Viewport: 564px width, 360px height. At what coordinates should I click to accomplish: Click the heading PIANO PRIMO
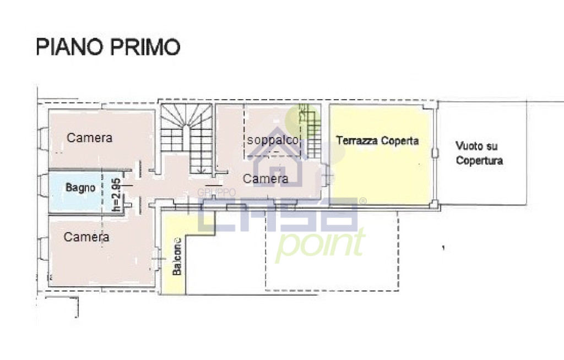pyautogui.click(x=108, y=47)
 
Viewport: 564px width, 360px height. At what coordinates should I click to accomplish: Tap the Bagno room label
pyautogui.click(x=80, y=187)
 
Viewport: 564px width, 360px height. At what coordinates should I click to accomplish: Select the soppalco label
pyautogui.click(x=273, y=140)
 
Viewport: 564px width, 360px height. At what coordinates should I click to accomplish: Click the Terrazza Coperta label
pyautogui.click(x=377, y=140)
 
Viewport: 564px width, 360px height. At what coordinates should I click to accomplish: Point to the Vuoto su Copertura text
pyautogui.click(x=479, y=153)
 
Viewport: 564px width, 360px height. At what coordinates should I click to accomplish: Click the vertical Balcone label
pyautogui.click(x=177, y=256)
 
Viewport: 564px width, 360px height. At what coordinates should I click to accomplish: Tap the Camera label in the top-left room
pyautogui.click(x=90, y=138)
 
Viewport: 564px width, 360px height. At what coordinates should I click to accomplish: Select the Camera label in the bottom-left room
pyautogui.click(x=86, y=237)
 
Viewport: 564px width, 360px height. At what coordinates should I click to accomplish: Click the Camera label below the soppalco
pyautogui.click(x=265, y=179)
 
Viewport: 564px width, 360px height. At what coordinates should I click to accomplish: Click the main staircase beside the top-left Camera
pyautogui.click(x=186, y=139)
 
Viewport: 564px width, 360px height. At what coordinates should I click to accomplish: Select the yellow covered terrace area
pyautogui.click(x=380, y=154)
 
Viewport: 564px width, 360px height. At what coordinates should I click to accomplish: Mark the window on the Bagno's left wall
pyautogui.click(x=43, y=186)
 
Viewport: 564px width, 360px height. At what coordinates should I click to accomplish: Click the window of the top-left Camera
pyautogui.click(x=43, y=138)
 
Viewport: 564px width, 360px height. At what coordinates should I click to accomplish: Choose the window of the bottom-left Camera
pyautogui.click(x=43, y=248)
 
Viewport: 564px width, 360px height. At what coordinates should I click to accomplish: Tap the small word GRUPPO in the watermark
pyautogui.click(x=216, y=193)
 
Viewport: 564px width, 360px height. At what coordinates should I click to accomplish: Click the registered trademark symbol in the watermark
pyautogui.click(x=363, y=201)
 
